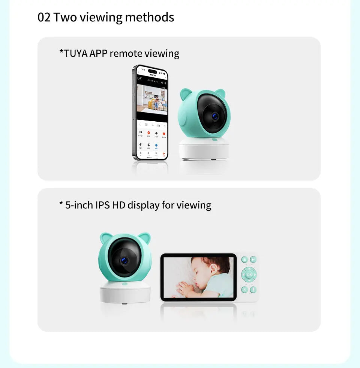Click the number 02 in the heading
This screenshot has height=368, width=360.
pyautogui.click(x=44, y=17)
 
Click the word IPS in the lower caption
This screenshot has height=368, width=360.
pyautogui.click(x=102, y=205)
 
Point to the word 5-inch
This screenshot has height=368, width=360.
pyautogui.click(x=79, y=205)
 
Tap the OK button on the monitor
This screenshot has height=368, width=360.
pyautogui.click(x=249, y=274)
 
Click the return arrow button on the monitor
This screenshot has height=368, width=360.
pyautogui.click(x=253, y=259)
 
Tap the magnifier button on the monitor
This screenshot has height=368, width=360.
pyautogui.click(x=244, y=290)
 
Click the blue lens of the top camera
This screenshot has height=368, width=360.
pyautogui.click(x=215, y=116)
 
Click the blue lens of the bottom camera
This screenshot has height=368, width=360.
pyautogui.click(x=123, y=260)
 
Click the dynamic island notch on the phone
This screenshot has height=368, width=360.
pyautogui.click(x=152, y=71)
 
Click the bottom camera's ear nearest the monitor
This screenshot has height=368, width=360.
pyautogui.click(x=144, y=238)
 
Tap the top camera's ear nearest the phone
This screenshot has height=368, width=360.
pyautogui.click(x=185, y=94)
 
